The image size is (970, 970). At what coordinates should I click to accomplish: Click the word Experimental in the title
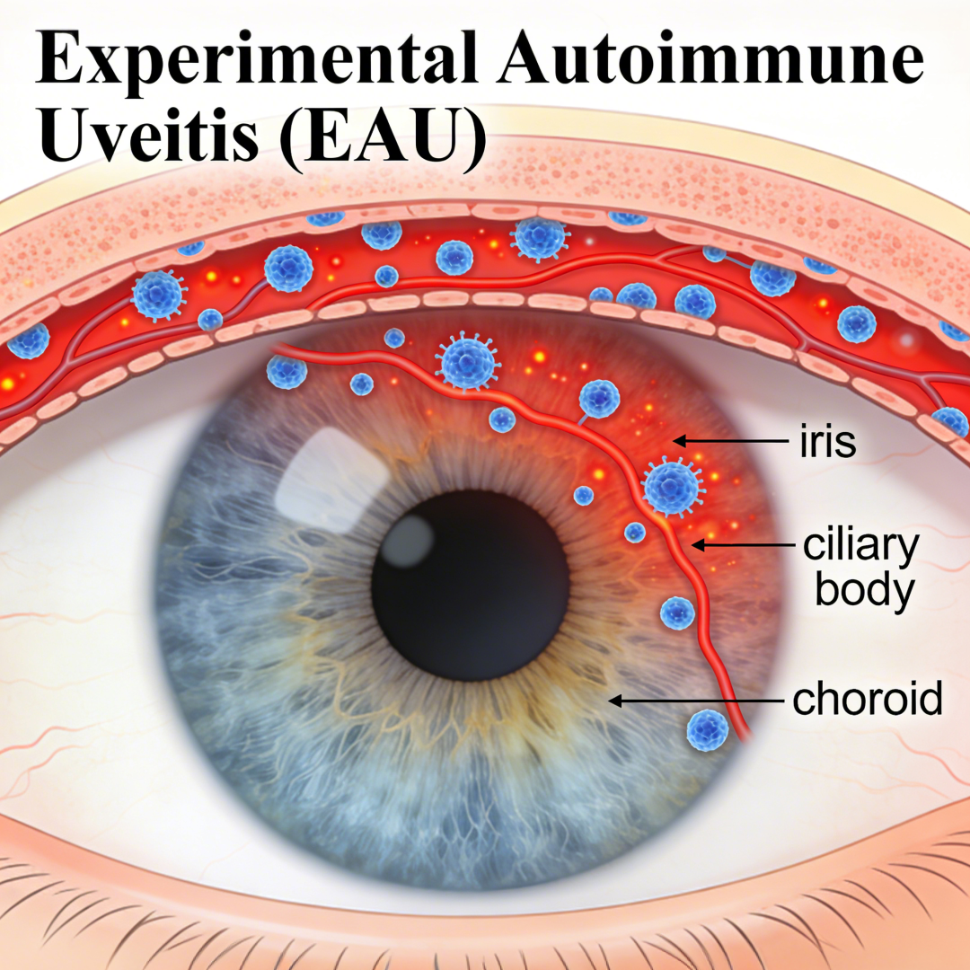tap(256, 58)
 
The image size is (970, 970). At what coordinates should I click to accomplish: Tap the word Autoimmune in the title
tap(711, 56)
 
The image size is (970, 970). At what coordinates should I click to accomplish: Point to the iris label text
tap(828, 441)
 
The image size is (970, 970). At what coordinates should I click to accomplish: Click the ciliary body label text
tap(860, 568)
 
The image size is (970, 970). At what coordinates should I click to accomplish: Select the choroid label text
tap(868, 699)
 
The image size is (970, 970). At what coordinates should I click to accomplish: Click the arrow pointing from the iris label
tap(730, 441)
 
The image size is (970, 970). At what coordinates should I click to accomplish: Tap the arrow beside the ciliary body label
tap(743, 545)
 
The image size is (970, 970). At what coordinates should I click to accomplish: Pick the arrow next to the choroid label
tap(696, 701)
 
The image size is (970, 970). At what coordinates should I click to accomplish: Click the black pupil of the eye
tap(470, 586)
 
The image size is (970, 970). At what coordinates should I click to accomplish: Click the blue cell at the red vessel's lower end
tap(707, 730)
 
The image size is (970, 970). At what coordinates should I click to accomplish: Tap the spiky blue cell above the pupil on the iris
tap(466, 361)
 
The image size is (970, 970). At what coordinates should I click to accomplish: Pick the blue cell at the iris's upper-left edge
tap(287, 371)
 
